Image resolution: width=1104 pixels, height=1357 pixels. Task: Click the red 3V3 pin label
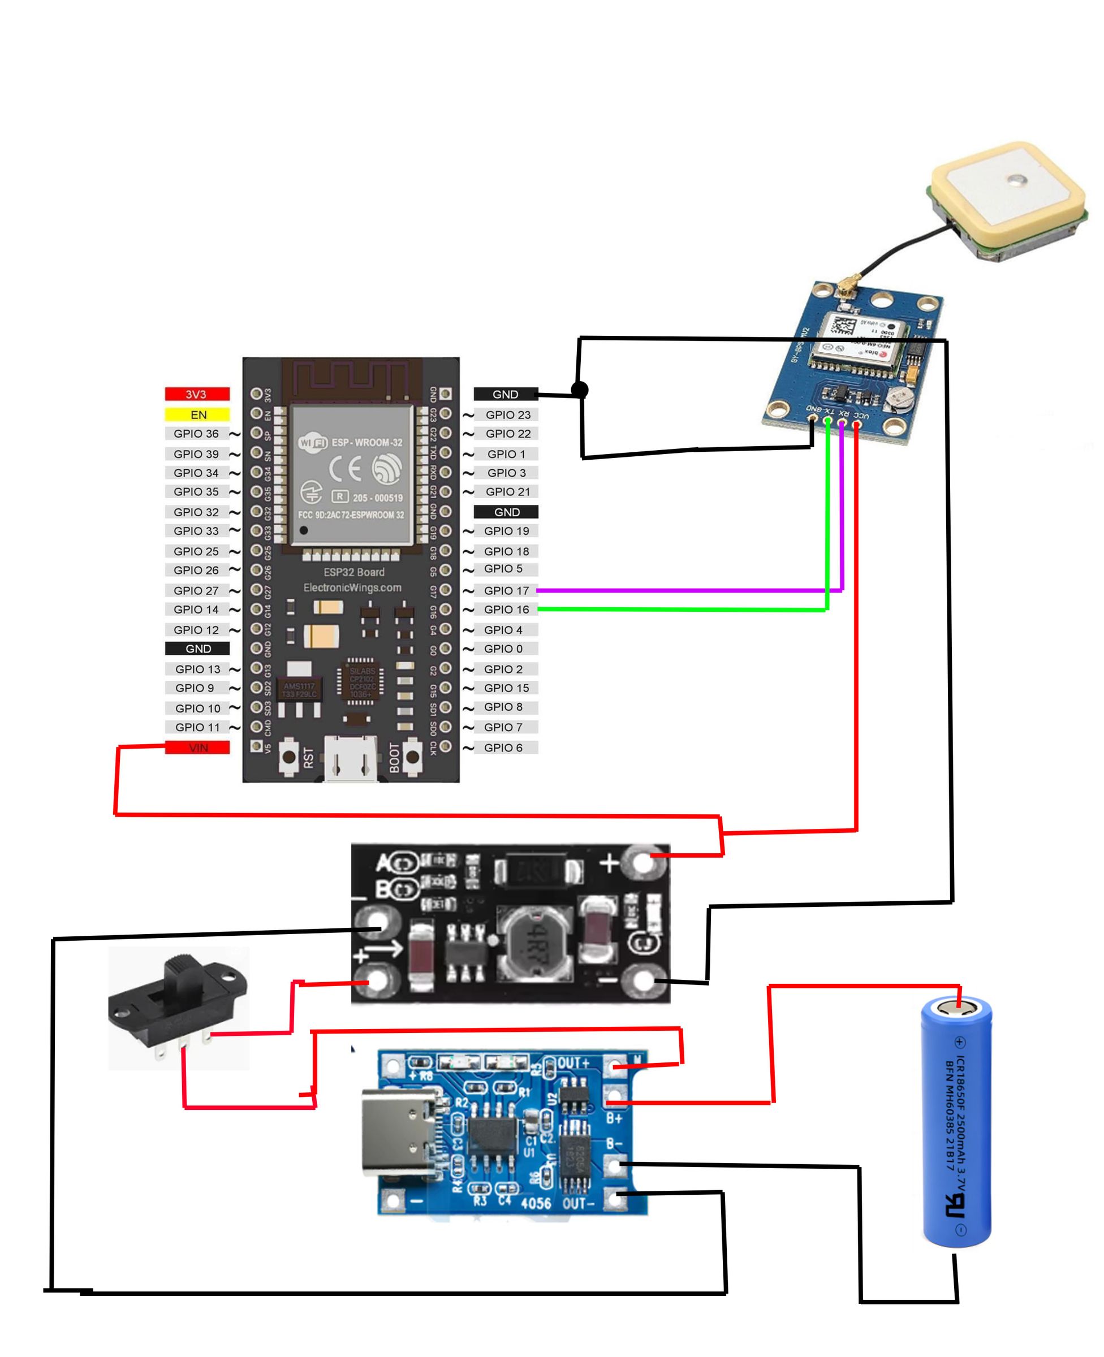pos(196,394)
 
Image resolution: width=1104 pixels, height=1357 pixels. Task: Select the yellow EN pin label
pos(197,414)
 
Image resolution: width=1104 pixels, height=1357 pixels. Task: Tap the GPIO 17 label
pos(506,590)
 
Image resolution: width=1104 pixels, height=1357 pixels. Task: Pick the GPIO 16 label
pos(506,610)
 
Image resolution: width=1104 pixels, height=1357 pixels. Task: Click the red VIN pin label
pos(197,747)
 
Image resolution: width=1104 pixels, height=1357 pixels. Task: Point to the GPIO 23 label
pos(507,414)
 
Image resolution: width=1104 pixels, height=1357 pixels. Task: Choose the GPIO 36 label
pos(196,434)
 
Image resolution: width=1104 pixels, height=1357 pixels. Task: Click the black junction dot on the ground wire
pos(579,390)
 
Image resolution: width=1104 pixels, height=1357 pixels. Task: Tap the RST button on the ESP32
pos(288,757)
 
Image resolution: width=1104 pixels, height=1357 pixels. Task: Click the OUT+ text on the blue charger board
pos(573,1064)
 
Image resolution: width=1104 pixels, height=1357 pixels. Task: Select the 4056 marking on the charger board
pos(536,1203)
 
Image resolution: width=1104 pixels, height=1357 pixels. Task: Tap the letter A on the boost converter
pos(384,863)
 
